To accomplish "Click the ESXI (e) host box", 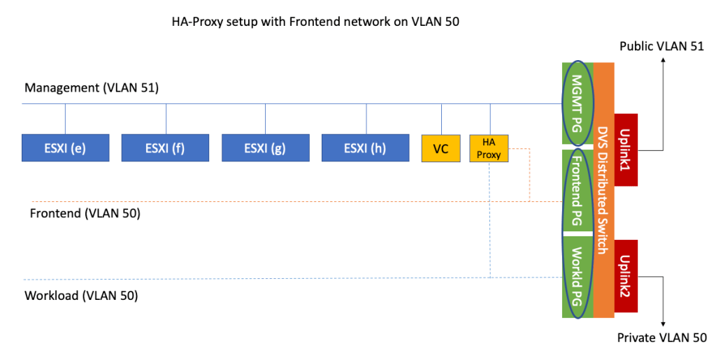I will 66,147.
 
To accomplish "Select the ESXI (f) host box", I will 166,147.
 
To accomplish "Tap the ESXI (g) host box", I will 265,147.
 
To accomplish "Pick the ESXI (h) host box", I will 365,147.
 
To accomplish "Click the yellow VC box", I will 441,148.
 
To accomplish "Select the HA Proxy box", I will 489,148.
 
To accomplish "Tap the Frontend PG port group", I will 578,189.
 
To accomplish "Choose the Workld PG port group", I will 578,275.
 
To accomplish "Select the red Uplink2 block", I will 626,276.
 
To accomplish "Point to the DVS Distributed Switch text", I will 603,189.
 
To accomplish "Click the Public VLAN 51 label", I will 662,46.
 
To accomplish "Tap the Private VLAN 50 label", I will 661,338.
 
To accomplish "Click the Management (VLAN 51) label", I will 92,88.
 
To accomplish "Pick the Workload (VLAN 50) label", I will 81,296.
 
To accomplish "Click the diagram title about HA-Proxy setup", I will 315,22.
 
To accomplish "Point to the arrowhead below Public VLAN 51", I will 662,60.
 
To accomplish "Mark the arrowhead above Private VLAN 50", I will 662,323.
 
